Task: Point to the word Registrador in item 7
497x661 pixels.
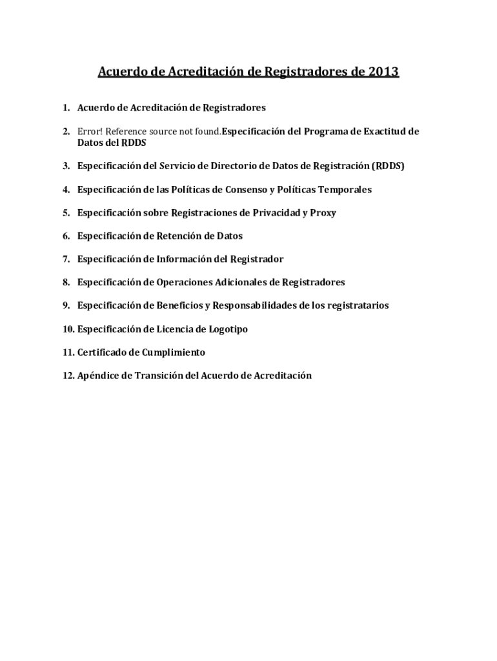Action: [257, 259]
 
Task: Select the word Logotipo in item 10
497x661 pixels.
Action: [228, 329]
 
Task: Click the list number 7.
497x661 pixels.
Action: [66, 259]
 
